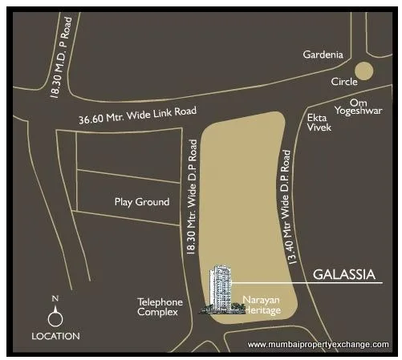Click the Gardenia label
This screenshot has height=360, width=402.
[323, 55]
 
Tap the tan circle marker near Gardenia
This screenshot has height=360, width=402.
[365, 71]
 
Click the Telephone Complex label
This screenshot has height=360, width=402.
[160, 307]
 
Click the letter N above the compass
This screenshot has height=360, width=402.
[55, 299]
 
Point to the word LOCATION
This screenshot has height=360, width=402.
[55, 336]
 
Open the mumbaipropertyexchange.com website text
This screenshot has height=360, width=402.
[319, 345]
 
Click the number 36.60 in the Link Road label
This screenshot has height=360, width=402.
[92, 120]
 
